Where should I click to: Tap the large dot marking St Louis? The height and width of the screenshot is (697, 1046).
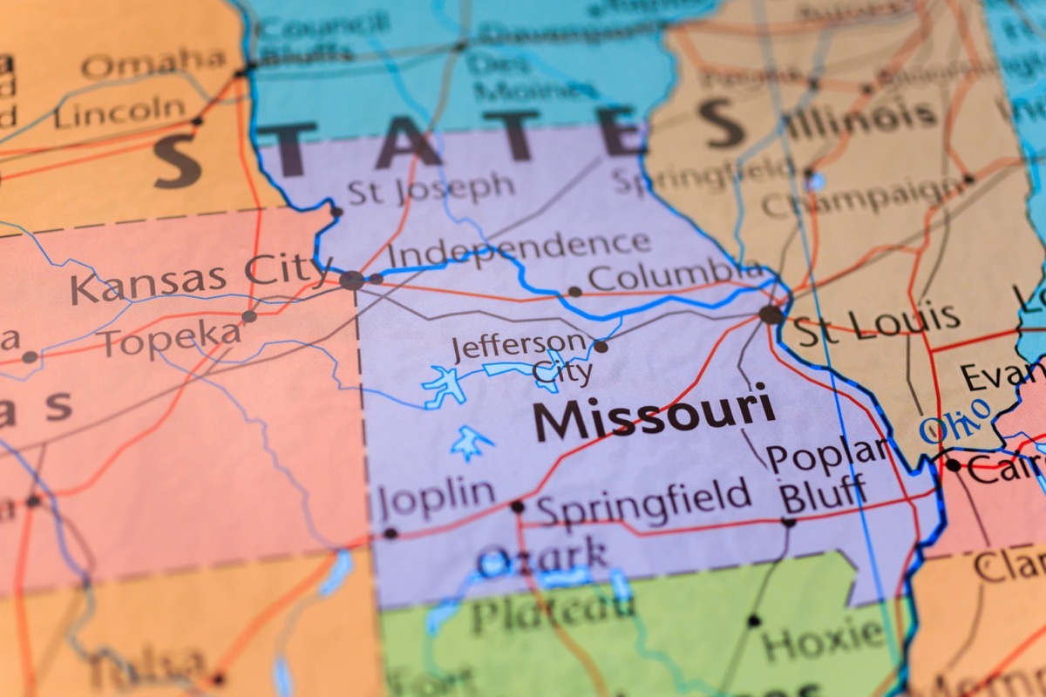(771, 315)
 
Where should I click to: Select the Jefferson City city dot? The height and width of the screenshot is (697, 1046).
(601, 347)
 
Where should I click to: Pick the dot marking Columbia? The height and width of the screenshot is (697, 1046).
(574, 292)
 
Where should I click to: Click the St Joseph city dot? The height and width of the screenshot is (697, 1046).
(336, 211)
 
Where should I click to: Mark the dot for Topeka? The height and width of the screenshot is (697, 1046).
(249, 316)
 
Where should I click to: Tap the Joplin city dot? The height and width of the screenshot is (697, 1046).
(390, 533)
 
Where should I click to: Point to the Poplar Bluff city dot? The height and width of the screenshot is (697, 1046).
(789, 523)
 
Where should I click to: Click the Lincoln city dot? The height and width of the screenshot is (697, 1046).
(197, 121)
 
